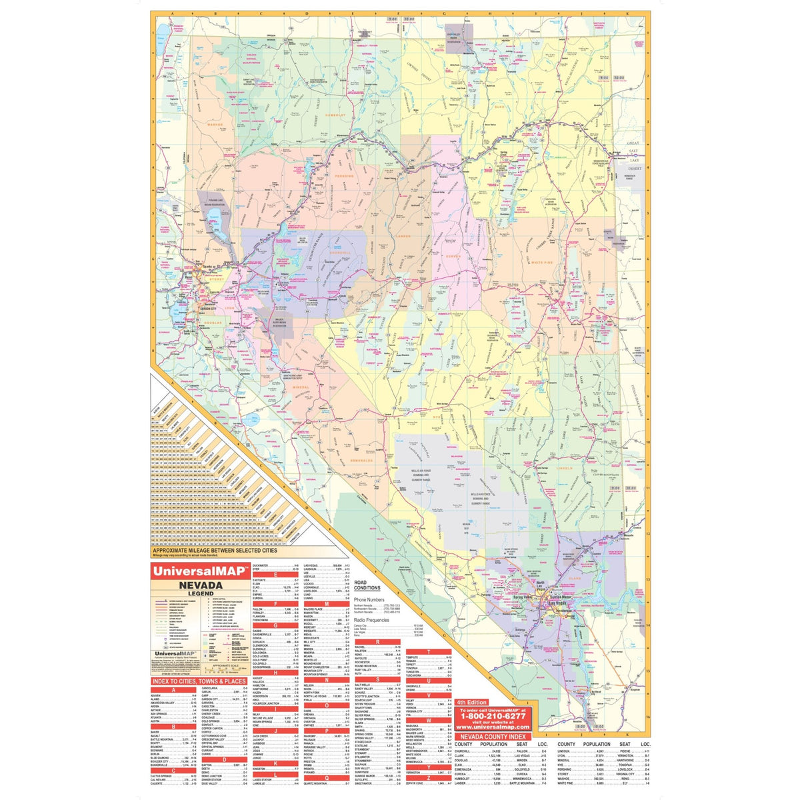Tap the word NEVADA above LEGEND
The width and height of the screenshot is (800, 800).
(195, 585)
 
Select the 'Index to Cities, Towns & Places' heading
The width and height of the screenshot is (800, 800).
(199, 681)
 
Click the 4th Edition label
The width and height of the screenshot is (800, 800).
(472, 702)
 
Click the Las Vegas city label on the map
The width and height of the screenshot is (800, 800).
(558, 603)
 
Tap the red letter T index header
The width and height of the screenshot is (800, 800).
(427, 651)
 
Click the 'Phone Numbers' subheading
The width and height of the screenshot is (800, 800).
(370, 599)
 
